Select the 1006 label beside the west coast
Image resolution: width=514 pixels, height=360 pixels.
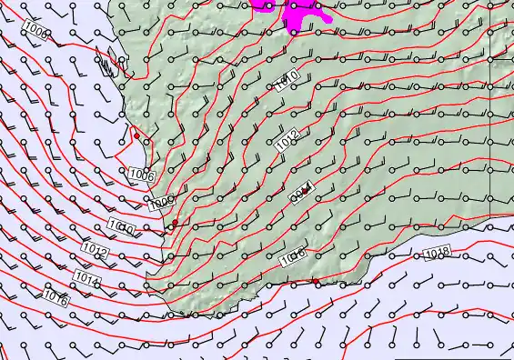click(x=141, y=175)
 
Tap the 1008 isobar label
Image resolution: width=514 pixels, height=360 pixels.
click(x=161, y=202)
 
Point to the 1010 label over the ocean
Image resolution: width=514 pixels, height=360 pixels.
click(x=121, y=226)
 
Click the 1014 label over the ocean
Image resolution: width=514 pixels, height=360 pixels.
click(x=87, y=276)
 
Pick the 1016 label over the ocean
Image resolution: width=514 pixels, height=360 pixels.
click(x=55, y=297)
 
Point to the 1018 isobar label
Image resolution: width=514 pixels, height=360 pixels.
click(x=437, y=252)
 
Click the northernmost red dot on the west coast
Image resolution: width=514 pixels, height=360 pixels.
click(x=136, y=136)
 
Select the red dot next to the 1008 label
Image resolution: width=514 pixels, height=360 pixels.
click(x=175, y=222)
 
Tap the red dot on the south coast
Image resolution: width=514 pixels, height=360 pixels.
click(x=316, y=282)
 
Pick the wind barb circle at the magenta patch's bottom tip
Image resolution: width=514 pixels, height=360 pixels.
click(x=293, y=33)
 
